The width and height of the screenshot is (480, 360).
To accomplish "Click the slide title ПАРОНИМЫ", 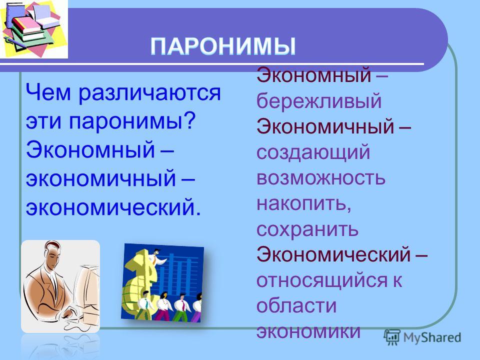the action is coord(223,46).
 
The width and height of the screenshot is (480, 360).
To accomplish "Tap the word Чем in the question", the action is coord(48,92).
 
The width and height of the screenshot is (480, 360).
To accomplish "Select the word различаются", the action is coord(149,93).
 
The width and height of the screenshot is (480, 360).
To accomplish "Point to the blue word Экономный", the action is coord(90,149).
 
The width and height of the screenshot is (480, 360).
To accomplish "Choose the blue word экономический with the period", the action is coord(113,207).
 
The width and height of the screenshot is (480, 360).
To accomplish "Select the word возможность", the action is coord(321,178).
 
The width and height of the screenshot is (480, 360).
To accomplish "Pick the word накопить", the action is coord(303,203).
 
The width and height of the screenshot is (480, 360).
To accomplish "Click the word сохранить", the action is coord(307,229).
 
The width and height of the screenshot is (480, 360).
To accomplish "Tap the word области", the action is coord(296,305).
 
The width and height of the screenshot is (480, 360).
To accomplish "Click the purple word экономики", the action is coord(308,331).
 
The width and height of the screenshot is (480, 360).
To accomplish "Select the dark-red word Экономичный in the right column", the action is coord(325,126).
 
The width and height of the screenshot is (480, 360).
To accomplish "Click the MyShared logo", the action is coord(422,337).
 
